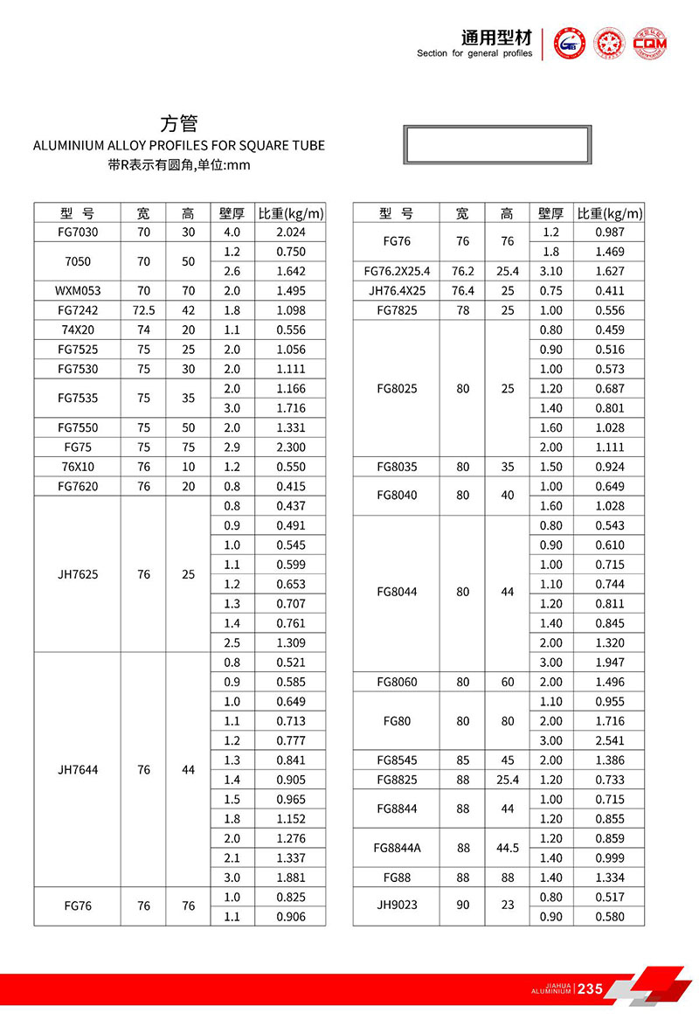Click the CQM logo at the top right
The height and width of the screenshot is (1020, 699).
[x=649, y=43]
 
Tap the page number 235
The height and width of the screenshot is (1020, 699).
[x=591, y=989]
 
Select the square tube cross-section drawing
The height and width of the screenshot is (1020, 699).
[x=496, y=144]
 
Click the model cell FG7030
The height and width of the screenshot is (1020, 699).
[x=78, y=232]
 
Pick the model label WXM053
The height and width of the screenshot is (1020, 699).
[x=78, y=291]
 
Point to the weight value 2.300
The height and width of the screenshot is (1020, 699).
[x=290, y=448]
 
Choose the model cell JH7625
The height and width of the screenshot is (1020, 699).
[x=78, y=575]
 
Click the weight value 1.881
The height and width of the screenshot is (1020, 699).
[x=290, y=878]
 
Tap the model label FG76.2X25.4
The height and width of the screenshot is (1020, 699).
[x=396, y=272]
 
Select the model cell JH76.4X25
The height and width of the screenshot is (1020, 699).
[x=396, y=291]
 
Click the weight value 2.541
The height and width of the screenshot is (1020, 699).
[x=610, y=740]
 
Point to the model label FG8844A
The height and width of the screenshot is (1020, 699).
[x=396, y=849]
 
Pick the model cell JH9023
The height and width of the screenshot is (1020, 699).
[x=396, y=906]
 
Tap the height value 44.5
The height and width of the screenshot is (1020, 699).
[x=508, y=849]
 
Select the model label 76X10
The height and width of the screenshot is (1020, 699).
[x=78, y=467]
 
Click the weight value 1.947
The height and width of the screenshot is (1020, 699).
[x=610, y=663]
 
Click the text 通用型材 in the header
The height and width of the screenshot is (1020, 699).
[x=496, y=38]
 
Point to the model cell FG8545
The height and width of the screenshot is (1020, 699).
[x=396, y=760]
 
